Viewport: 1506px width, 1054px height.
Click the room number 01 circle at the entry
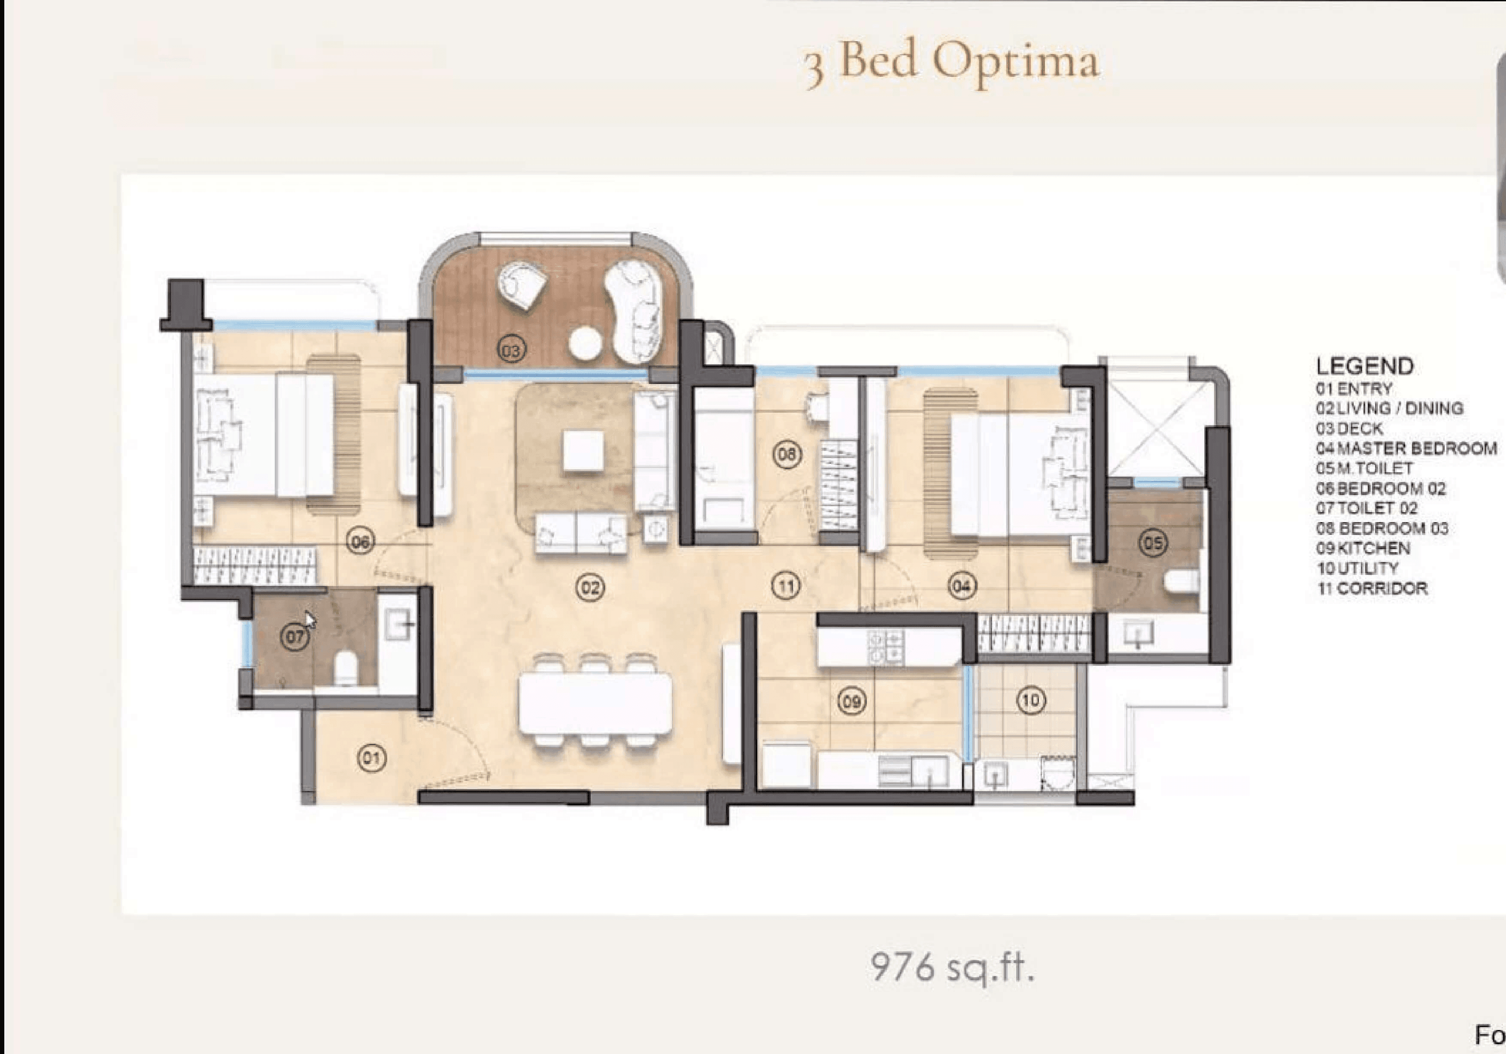point(371,758)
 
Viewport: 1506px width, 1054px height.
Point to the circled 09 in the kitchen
point(851,702)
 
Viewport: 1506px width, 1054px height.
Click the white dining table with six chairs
point(595,704)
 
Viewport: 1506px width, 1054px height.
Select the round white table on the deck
point(586,343)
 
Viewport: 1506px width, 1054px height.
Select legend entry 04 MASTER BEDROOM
point(1406,448)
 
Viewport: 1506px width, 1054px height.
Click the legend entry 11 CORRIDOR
point(1372,588)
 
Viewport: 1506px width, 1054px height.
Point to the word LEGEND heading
point(1364,366)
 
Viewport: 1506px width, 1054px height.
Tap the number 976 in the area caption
point(902,967)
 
